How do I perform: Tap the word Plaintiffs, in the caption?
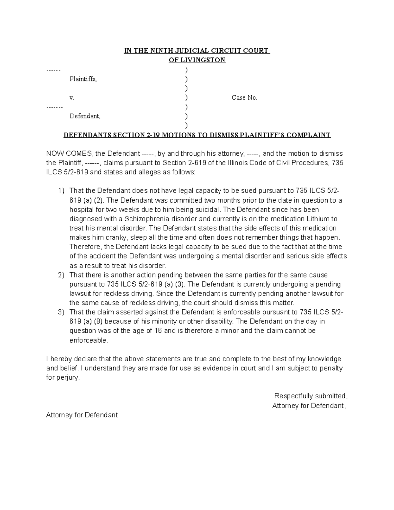coord(83,79)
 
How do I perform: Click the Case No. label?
coord(244,98)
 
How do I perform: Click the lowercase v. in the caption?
coord(72,98)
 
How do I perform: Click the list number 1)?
coord(61,191)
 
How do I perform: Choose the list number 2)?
coord(61,275)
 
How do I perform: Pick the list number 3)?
coord(61,312)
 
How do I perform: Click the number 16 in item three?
coord(158,331)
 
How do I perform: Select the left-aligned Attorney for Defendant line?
coord(82,415)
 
